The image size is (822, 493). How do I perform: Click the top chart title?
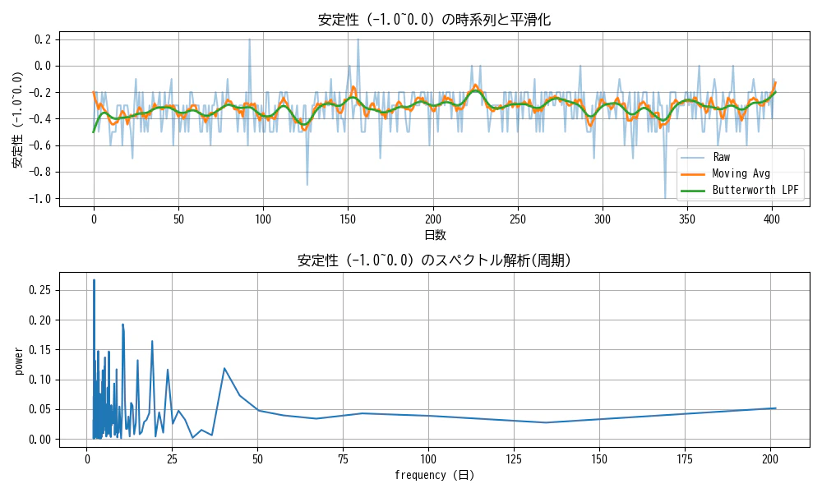coord(434,20)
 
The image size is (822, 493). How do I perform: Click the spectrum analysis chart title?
coord(434,261)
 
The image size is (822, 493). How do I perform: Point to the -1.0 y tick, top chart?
coord(39,199)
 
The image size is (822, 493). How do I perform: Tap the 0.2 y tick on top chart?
coord(43,39)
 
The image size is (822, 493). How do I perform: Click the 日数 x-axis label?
coord(434,235)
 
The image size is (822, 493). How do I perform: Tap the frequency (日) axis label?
coord(434,475)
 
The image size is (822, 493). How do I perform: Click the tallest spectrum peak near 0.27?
coord(94,280)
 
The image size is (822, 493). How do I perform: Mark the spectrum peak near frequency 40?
coord(224,368)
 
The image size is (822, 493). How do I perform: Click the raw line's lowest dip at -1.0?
coord(665,198)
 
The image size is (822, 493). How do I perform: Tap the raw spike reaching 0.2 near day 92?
coord(249,39)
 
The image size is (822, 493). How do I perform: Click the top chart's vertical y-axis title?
coord(18,119)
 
